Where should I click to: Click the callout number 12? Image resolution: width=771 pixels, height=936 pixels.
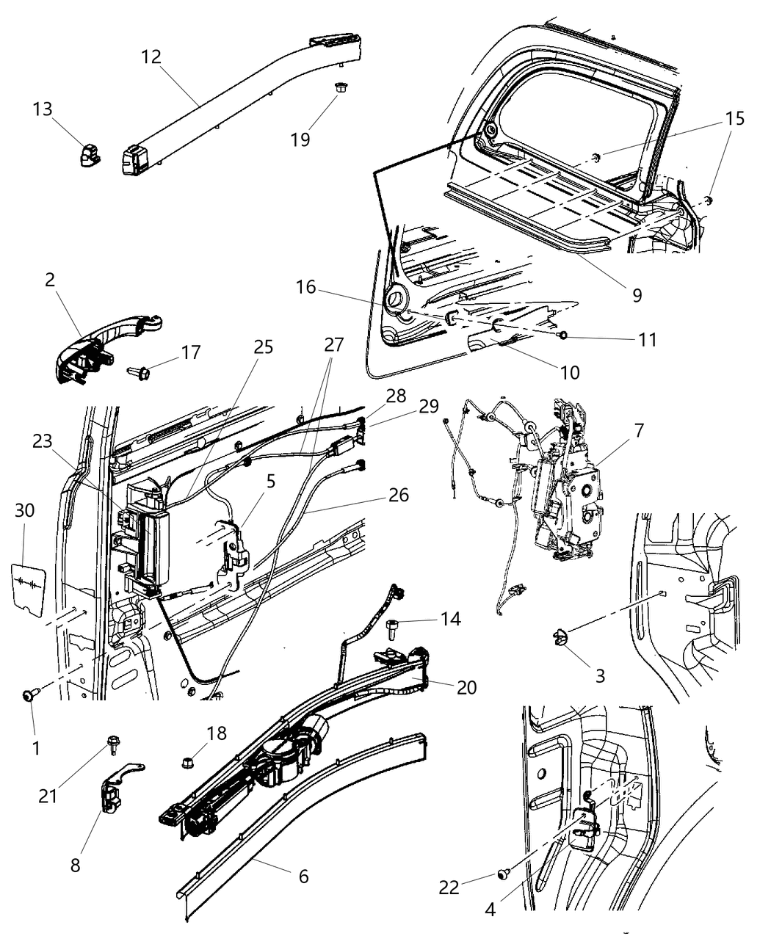pyautogui.click(x=151, y=57)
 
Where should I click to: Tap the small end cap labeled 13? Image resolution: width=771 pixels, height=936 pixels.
pyautogui.click(x=90, y=155)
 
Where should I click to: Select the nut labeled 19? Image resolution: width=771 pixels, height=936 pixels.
pyautogui.click(x=340, y=87)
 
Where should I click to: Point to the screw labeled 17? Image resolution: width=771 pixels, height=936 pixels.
pyautogui.click(x=140, y=373)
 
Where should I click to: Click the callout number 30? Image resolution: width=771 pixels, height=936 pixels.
pyautogui.click(x=24, y=509)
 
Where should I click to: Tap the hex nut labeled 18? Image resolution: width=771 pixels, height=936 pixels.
pyautogui.click(x=187, y=763)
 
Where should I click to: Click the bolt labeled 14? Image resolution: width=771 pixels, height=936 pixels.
pyautogui.click(x=391, y=626)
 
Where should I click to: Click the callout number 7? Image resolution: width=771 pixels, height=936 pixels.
pyautogui.click(x=639, y=430)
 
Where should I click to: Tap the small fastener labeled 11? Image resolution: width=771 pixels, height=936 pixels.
pyautogui.click(x=562, y=335)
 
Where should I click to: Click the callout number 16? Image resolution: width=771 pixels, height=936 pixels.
pyautogui.click(x=305, y=287)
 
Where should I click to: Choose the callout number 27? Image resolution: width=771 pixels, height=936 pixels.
pyautogui.click(x=333, y=344)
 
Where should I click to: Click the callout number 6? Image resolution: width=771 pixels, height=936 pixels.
pyautogui.click(x=303, y=876)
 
